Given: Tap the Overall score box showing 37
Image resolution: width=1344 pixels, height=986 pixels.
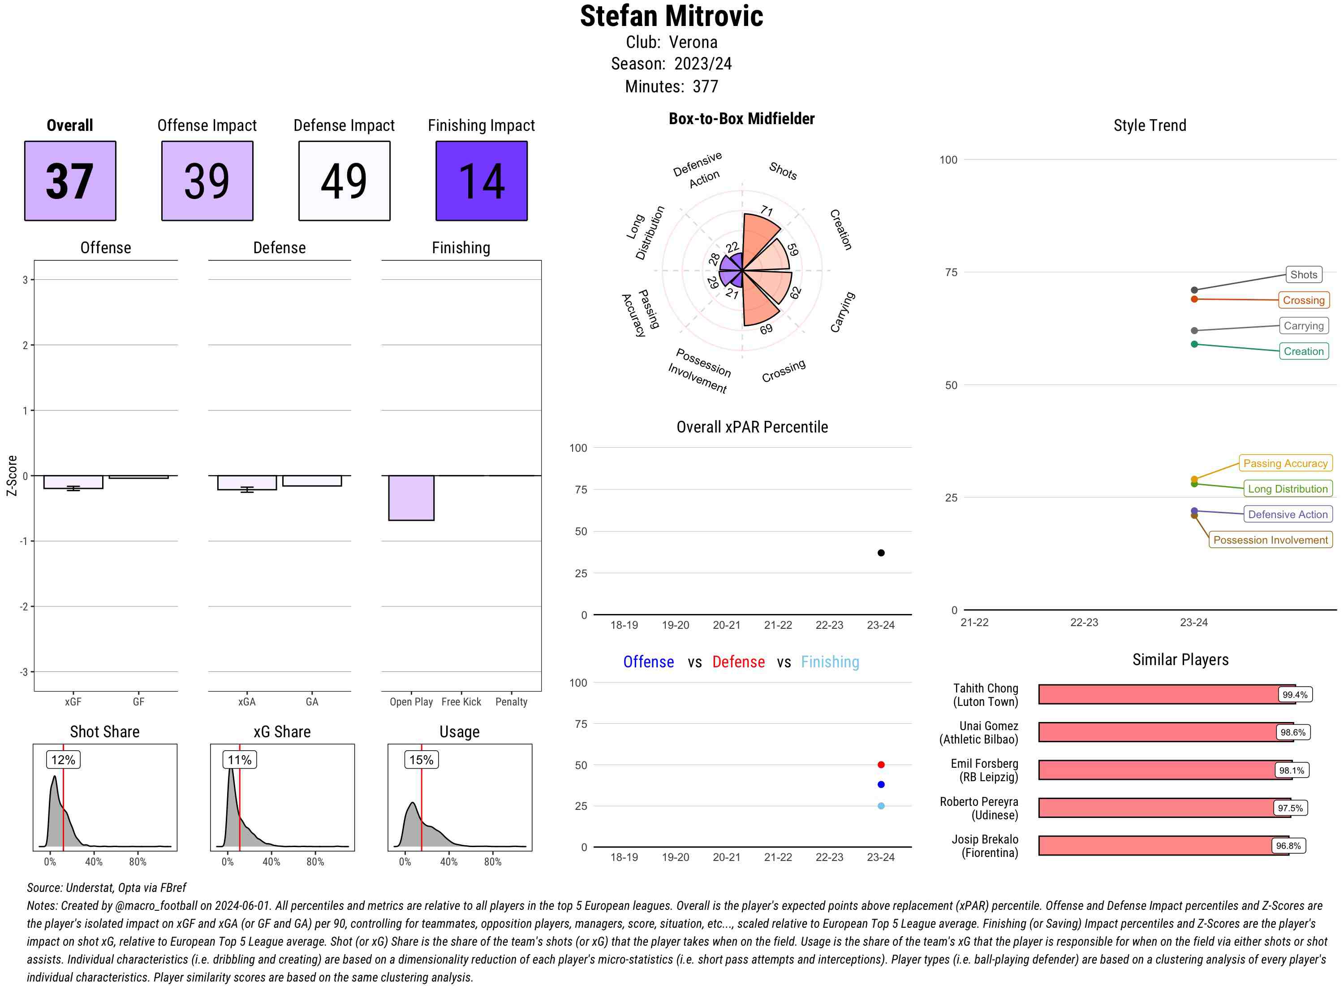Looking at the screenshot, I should (x=70, y=181).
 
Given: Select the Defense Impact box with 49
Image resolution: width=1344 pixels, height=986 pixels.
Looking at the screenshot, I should (x=344, y=181).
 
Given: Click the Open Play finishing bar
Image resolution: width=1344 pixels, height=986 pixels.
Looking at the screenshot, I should (x=411, y=498).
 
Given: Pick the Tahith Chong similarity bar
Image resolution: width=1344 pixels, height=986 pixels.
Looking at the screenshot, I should (x=1166, y=694).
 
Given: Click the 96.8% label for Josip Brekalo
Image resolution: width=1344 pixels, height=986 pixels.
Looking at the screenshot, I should (x=1288, y=846).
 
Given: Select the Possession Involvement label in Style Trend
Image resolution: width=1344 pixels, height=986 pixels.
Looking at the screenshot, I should (x=1270, y=540).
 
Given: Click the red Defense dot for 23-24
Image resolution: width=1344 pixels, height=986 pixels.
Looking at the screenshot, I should (x=881, y=765).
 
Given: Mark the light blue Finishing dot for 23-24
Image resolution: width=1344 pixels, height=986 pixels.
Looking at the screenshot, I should (x=881, y=806).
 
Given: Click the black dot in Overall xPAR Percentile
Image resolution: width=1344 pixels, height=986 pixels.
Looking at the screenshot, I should (x=881, y=553).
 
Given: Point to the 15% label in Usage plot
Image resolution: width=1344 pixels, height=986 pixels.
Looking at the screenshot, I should (x=421, y=760).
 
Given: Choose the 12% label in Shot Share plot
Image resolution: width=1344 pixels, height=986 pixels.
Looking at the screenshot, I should (x=63, y=760).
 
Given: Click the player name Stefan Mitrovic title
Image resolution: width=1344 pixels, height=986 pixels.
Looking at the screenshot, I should (x=671, y=16).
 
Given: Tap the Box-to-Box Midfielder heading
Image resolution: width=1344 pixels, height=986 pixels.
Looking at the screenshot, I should (x=741, y=119).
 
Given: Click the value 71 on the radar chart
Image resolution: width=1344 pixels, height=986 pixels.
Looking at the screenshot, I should (x=767, y=211).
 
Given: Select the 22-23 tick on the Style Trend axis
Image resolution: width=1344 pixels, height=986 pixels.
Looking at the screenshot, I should (x=1084, y=623).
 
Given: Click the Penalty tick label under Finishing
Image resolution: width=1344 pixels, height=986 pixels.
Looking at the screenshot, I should (x=511, y=702).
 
